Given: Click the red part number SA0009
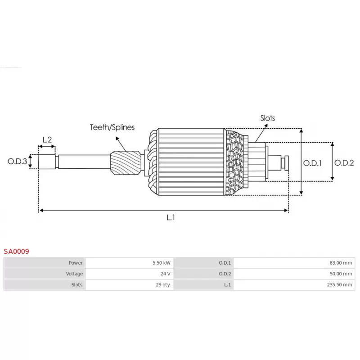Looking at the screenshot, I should point(16,251).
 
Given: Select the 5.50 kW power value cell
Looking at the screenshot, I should point(161,263).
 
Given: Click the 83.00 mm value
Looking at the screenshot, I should point(342,263).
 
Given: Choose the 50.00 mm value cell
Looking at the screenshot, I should point(342,274).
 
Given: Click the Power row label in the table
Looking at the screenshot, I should point(75,263).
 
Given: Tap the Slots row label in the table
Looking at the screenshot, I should point(76,285).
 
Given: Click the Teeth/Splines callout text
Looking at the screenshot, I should point(112,127).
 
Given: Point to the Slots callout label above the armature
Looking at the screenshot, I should point(267,118).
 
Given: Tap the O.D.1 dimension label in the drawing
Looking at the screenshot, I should point(312,163).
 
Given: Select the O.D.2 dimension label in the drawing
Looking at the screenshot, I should point(344,163).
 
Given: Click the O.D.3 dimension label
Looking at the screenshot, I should point(17,161).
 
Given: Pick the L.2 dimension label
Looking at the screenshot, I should point(47,139).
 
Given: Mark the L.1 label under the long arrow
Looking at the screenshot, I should point(171,218).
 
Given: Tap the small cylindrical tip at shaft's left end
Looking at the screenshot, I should point(47,162).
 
